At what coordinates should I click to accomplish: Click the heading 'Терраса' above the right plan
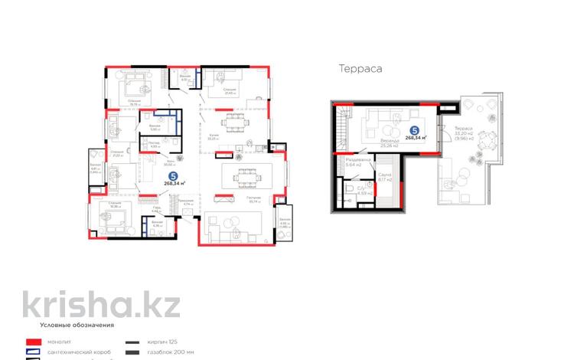pos(360,68)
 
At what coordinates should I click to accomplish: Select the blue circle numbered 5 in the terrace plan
pos(414,130)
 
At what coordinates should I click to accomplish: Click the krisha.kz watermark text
pos(100,303)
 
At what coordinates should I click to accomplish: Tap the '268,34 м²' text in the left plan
pos(174,184)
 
